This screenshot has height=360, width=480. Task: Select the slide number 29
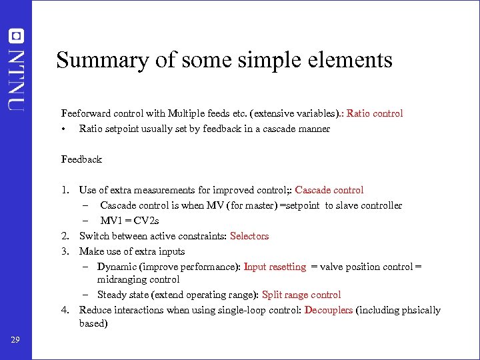(x=16, y=341)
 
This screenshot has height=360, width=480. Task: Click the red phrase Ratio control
(x=375, y=113)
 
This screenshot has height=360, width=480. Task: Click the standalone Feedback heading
(x=81, y=159)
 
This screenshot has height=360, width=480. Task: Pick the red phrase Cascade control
(x=329, y=190)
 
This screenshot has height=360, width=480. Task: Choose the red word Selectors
(x=249, y=236)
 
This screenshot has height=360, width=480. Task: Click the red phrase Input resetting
(x=275, y=267)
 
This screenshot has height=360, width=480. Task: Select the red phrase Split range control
(x=301, y=295)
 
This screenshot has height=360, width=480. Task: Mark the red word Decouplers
(x=329, y=310)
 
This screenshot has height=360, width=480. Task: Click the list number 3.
(x=65, y=251)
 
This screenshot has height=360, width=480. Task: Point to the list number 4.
(x=65, y=310)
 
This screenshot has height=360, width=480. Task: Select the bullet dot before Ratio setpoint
(x=63, y=129)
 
